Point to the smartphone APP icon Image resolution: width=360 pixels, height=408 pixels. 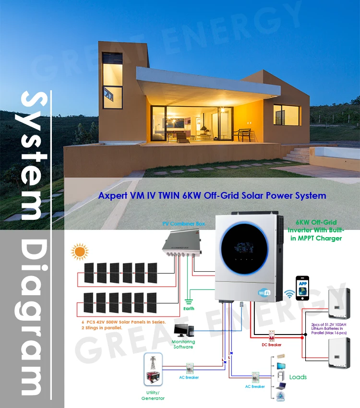pyautogui.click(x=302, y=287)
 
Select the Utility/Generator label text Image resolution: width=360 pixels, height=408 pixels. pyautogui.click(x=153, y=395)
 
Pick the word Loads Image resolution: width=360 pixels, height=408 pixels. pyautogui.click(x=298, y=377)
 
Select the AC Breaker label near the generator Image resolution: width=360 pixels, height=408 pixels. pyautogui.click(x=190, y=377)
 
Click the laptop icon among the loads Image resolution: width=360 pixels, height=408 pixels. pyautogui.click(x=281, y=385)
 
